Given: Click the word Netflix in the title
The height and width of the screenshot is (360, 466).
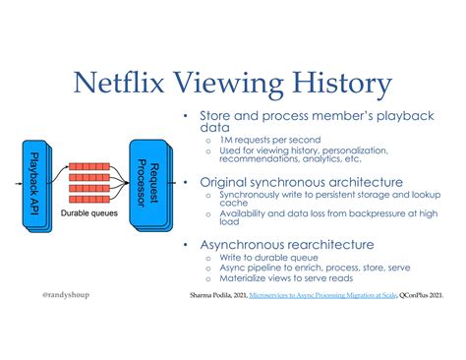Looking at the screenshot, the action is (119, 82).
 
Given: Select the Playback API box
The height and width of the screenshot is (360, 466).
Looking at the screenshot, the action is (37, 186).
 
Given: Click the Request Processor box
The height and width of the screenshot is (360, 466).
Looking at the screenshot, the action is (150, 186).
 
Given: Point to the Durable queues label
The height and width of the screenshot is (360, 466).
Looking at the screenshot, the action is (89, 213).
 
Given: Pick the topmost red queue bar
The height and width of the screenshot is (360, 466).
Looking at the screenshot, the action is (89, 166).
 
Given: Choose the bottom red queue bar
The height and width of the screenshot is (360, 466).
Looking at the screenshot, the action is (89, 199).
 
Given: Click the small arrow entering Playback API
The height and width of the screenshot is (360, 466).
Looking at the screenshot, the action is (19, 184).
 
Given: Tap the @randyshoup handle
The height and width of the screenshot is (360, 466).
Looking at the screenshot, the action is (66, 295).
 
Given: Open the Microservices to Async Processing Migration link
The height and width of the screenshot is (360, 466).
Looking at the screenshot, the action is (322, 295).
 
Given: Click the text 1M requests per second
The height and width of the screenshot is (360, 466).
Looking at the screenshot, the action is (270, 140).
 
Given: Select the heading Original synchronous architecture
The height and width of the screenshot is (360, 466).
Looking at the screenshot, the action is (301, 182).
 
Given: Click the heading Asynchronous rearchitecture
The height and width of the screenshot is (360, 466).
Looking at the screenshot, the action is (287, 245).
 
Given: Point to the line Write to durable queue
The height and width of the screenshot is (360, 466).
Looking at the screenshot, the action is (268, 258).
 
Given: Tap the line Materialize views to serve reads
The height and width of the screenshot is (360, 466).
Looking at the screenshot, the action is (286, 278).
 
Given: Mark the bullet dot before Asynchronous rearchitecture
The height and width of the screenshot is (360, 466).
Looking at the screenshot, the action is (186, 245).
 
